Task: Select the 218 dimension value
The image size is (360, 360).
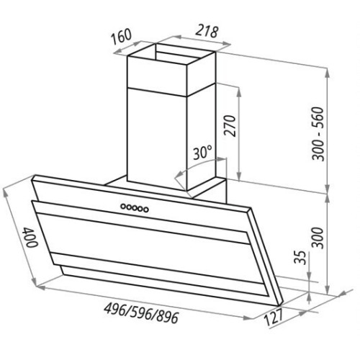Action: (x=206, y=31)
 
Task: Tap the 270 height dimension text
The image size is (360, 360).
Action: (x=230, y=126)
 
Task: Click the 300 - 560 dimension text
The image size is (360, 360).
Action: (x=318, y=134)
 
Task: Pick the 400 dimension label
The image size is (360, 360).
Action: (x=30, y=238)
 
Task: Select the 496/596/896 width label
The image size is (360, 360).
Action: (x=141, y=312)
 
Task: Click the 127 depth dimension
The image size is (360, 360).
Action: (x=274, y=317)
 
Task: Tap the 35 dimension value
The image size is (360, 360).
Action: (x=300, y=258)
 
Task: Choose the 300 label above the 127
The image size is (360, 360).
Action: (x=318, y=238)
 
